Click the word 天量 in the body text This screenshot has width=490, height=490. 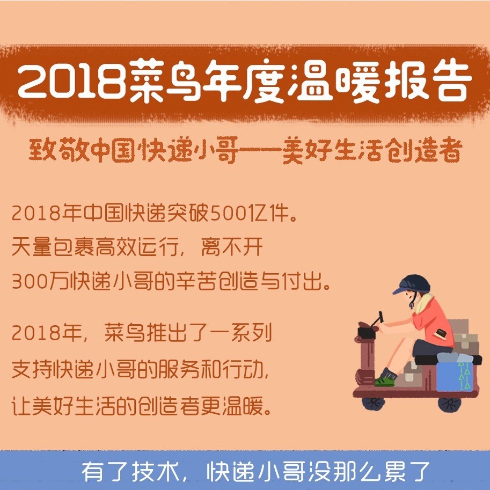point(31,247)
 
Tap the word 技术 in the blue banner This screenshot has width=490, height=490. point(156,472)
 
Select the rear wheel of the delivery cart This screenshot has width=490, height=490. point(450,404)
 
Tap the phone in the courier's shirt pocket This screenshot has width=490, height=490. point(441,333)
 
